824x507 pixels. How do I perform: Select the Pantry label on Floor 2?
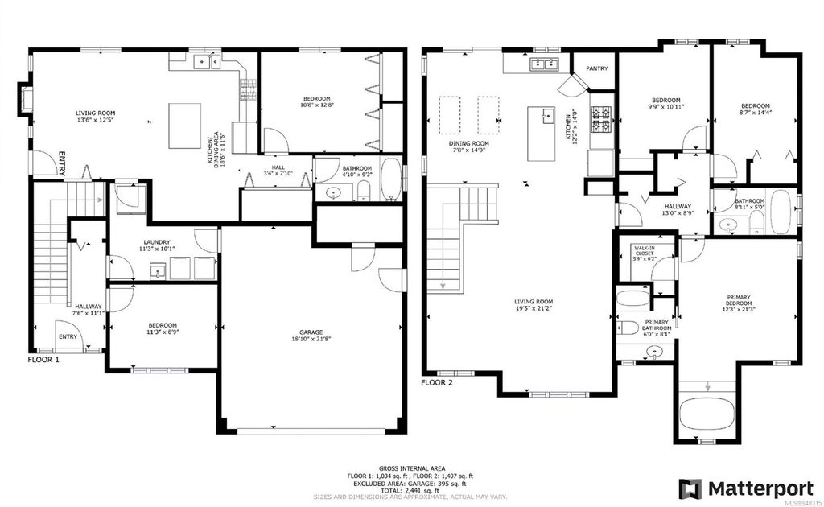tap(596, 68)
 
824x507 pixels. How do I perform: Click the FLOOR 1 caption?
tap(44, 360)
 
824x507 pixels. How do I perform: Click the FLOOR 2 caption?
tap(437, 382)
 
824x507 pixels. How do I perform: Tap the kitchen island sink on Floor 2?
tap(547, 115)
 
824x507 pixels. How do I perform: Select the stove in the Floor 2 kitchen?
tap(601, 119)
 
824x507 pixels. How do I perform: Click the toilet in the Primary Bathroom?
tap(628, 328)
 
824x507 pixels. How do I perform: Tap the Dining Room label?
tap(468, 143)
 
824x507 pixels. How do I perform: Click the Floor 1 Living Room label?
tap(96, 113)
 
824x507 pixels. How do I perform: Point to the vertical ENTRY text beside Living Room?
tap(61, 164)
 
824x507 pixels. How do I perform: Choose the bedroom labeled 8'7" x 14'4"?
tap(755, 110)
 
